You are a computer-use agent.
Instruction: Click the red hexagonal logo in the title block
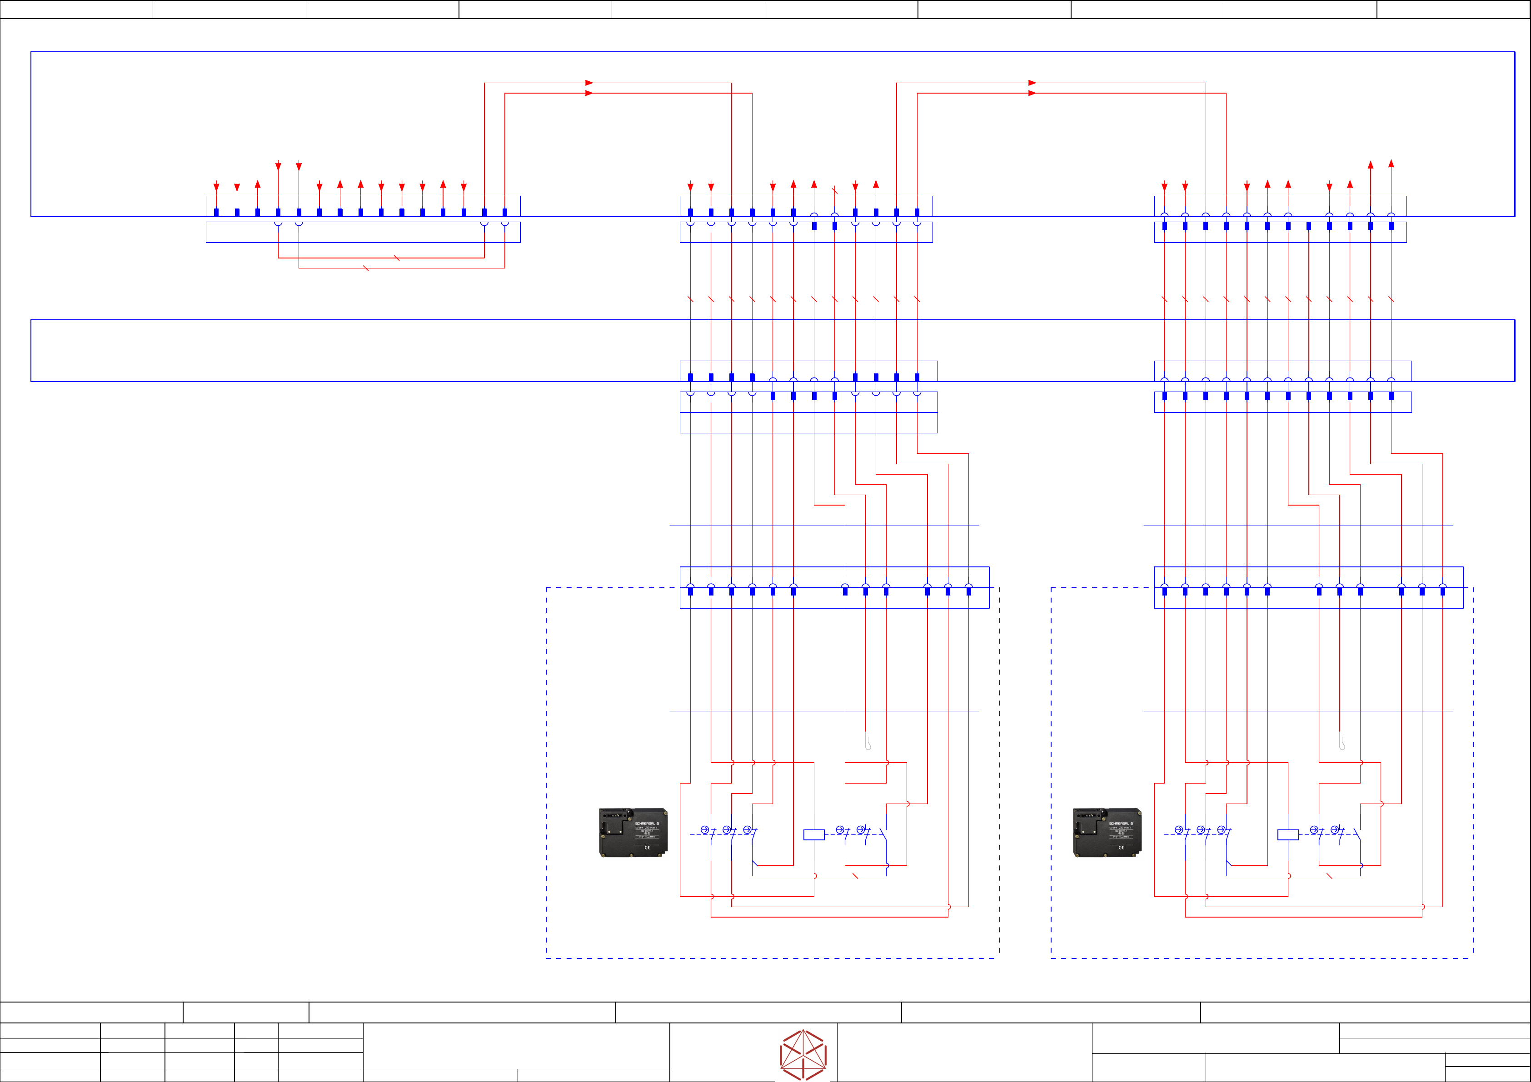pyautogui.click(x=803, y=1055)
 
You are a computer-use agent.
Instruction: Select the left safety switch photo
pyautogui.click(x=633, y=832)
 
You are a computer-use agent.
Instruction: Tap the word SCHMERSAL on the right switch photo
pyautogui.click(x=1120, y=824)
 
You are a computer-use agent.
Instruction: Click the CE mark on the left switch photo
pyautogui.click(x=646, y=847)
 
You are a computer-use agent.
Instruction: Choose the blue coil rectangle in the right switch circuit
pyautogui.click(x=1287, y=835)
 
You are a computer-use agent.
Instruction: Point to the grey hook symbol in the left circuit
pyautogui.click(x=868, y=741)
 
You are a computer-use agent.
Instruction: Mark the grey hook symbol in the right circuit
pyautogui.click(x=1341, y=741)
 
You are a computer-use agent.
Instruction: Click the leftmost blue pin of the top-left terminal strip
pyautogui.click(x=216, y=213)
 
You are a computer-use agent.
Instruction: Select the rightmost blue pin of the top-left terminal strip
pyautogui.click(x=505, y=213)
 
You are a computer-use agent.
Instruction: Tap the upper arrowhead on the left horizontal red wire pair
pyautogui.click(x=589, y=83)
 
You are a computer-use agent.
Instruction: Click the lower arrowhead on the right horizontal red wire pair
pyautogui.click(x=1032, y=93)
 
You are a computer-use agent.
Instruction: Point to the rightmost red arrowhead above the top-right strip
pyautogui.click(x=1391, y=164)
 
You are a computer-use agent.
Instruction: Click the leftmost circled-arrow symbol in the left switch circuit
pyautogui.click(x=704, y=829)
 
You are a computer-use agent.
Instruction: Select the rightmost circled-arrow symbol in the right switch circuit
pyautogui.click(x=1335, y=829)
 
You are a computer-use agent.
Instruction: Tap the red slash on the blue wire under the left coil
pyautogui.click(x=855, y=876)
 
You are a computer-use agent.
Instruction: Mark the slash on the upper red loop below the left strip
pyautogui.click(x=397, y=258)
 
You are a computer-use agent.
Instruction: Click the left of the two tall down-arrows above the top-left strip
pyautogui.click(x=278, y=166)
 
